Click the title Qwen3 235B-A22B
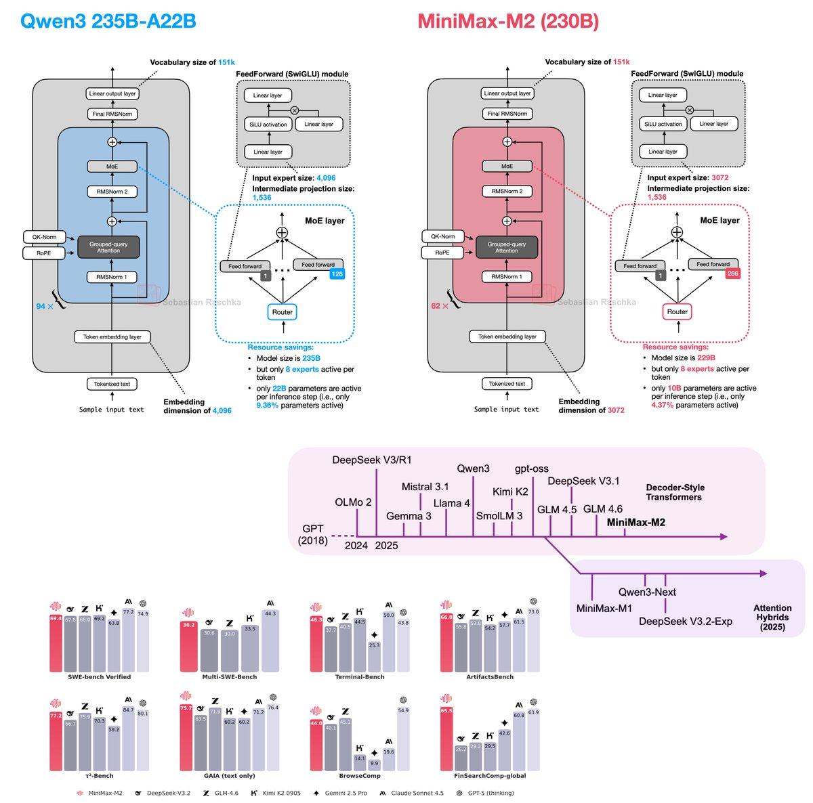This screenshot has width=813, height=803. coord(109,21)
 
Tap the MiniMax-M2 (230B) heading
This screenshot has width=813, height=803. coord(507,21)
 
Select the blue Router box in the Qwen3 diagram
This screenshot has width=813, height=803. coord(283,312)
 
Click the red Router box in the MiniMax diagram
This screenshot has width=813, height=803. coord(677,312)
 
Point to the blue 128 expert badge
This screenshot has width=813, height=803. coord(337,274)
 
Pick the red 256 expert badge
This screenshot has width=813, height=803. coord(732,274)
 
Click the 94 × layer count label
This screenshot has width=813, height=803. coord(44,307)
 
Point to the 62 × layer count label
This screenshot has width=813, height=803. coord(440,307)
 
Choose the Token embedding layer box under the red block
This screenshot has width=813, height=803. coord(507,337)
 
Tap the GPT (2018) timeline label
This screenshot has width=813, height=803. coord(313,535)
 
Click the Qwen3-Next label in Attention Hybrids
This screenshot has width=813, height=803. coord(647,592)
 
